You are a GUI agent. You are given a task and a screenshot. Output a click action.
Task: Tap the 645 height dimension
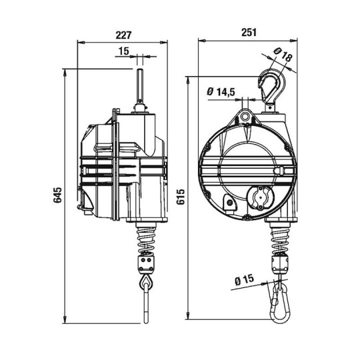point(58,195)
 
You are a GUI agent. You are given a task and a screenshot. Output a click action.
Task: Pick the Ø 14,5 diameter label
point(221,91)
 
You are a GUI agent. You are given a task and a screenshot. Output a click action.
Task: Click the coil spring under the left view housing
point(146,238)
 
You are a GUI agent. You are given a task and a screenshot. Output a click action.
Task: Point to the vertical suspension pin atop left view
point(141,87)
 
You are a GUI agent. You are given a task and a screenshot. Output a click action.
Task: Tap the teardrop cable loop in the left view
point(145,285)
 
